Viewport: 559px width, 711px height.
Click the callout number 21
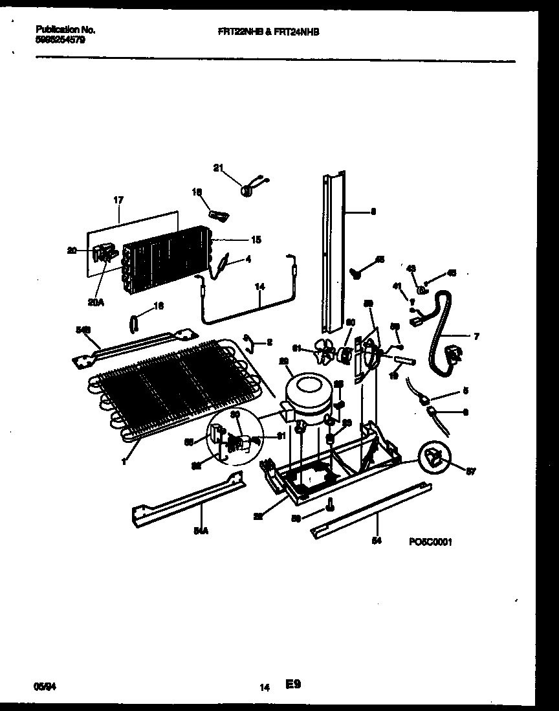(x=217, y=168)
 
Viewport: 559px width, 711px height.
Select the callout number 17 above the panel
(x=118, y=200)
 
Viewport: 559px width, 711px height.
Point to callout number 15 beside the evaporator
(x=256, y=240)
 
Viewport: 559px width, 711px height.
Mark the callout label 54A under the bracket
(x=202, y=530)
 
